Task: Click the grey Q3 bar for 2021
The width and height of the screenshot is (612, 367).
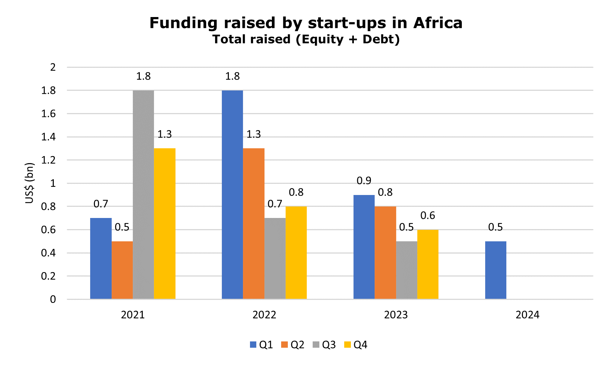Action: pyautogui.click(x=144, y=195)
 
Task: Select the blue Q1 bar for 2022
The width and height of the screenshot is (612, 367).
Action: pyautogui.click(x=232, y=195)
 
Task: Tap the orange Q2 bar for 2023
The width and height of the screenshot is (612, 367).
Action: pyautogui.click(x=385, y=252)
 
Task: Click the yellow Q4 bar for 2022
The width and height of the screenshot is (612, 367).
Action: pyautogui.click(x=296, y=252)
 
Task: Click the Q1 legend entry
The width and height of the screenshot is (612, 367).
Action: pyautogui.click(x=262, y=345)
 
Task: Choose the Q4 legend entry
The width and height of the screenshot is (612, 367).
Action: pyautogui.click(x=356, y=345)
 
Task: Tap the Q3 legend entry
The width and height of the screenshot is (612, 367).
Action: pyautogui.click(x=325, y=345)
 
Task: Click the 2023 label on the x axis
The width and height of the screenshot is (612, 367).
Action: pyautogui.click(x=396, y=315)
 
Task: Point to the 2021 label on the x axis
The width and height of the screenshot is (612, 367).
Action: pyautogui.click(x=133, y=315)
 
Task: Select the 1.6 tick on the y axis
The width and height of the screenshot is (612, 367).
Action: pyautogui.click(x=49, y=114)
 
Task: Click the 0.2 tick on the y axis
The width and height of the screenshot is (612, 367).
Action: pyautogui.click(x=49, y=276)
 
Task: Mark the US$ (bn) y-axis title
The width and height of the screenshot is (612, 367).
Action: pyautogui.click(x=30, y=183)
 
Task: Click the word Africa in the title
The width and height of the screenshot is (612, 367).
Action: pyautogui.click(x=438, y=23)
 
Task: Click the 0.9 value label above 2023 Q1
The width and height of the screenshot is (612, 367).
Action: pyautogui.click(x=364, y=181)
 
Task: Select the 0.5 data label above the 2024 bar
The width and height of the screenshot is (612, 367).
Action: pyautogui.click(x=496, y=227)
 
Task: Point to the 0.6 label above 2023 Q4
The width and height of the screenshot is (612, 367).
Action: pyautogui.click(x=428, y=215)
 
